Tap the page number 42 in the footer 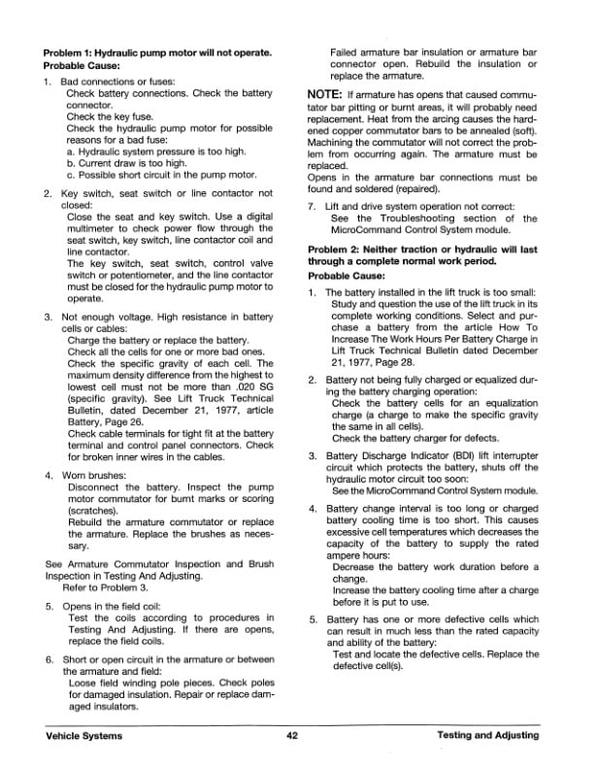click(291, 736)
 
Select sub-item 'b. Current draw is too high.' click(127, 164)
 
